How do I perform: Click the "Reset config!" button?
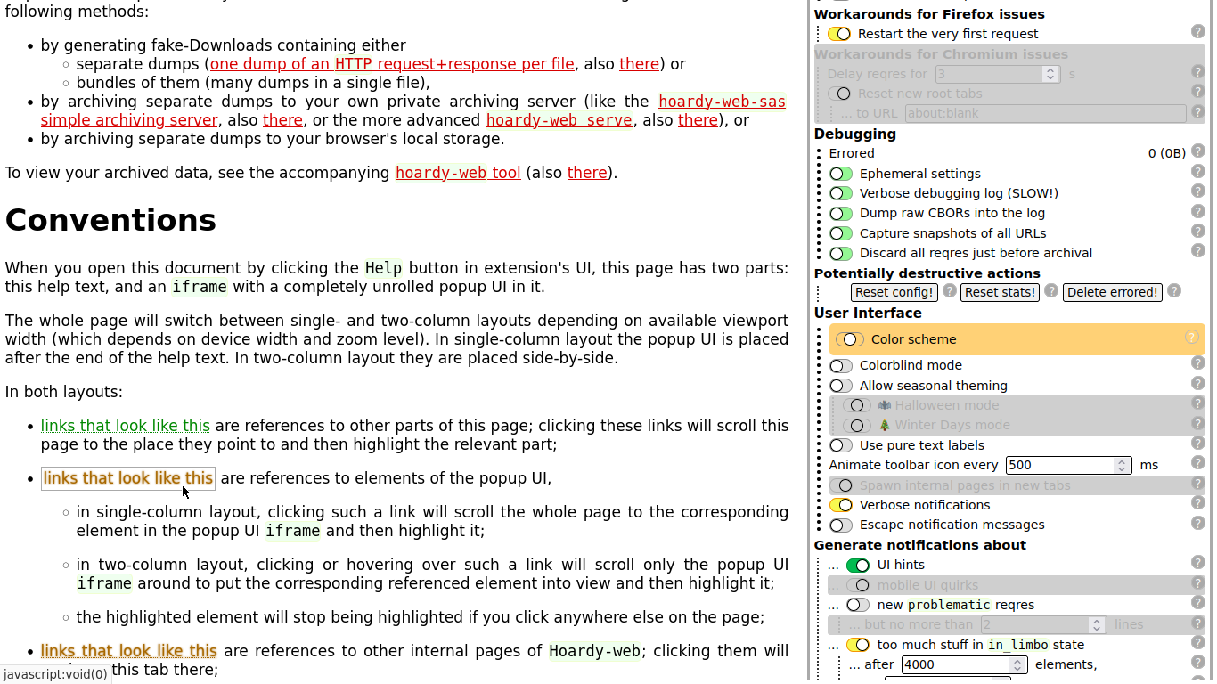pos(894,292)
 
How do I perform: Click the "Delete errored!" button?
pos(1112,292)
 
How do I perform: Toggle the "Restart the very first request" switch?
pos(839,34)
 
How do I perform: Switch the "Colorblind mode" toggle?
pos(841,366)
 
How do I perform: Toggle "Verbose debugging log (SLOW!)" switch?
pos(841,193)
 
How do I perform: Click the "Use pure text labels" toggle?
pos(841,445)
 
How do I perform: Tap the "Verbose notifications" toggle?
pos(841,505)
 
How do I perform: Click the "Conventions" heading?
pos(111,220)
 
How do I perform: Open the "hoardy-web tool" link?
pos(458,173)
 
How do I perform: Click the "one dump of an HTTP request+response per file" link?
pos(392,64)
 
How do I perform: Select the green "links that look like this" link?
pos(126,426)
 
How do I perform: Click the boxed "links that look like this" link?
pos(128,478)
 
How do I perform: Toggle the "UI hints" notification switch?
pos(858,566)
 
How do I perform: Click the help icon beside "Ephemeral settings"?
pos(1198,173)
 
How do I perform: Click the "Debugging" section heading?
pos(855,134)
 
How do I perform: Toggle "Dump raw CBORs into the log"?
pos(841,214)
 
